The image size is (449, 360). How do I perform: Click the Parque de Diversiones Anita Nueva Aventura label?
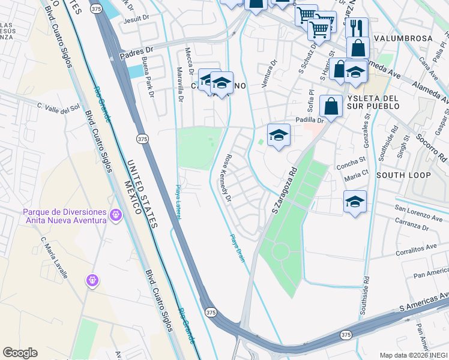coord(65,215)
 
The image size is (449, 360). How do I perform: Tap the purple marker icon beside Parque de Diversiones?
coord(116,214)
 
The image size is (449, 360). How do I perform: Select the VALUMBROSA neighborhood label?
coord(403,38)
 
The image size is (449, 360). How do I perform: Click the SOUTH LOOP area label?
coord(403,175)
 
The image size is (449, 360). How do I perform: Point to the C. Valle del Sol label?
coord(58,107)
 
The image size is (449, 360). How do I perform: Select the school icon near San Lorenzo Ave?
coord(355,202)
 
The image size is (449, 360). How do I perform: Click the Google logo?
coord(20,353)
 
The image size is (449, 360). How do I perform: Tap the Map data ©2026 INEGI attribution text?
coord(413,355)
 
